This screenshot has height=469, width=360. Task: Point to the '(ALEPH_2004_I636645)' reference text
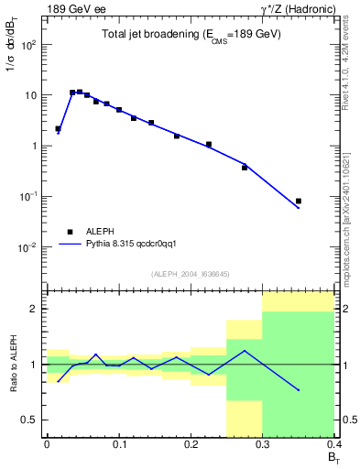point(191,273)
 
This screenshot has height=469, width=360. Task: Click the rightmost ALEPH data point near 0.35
point(299,201)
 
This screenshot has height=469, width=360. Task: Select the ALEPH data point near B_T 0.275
point(245,168)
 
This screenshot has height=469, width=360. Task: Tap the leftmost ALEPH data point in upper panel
point(58,129)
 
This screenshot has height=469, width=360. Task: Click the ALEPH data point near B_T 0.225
point(209,144)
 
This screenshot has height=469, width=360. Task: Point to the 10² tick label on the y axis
point(28,44)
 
